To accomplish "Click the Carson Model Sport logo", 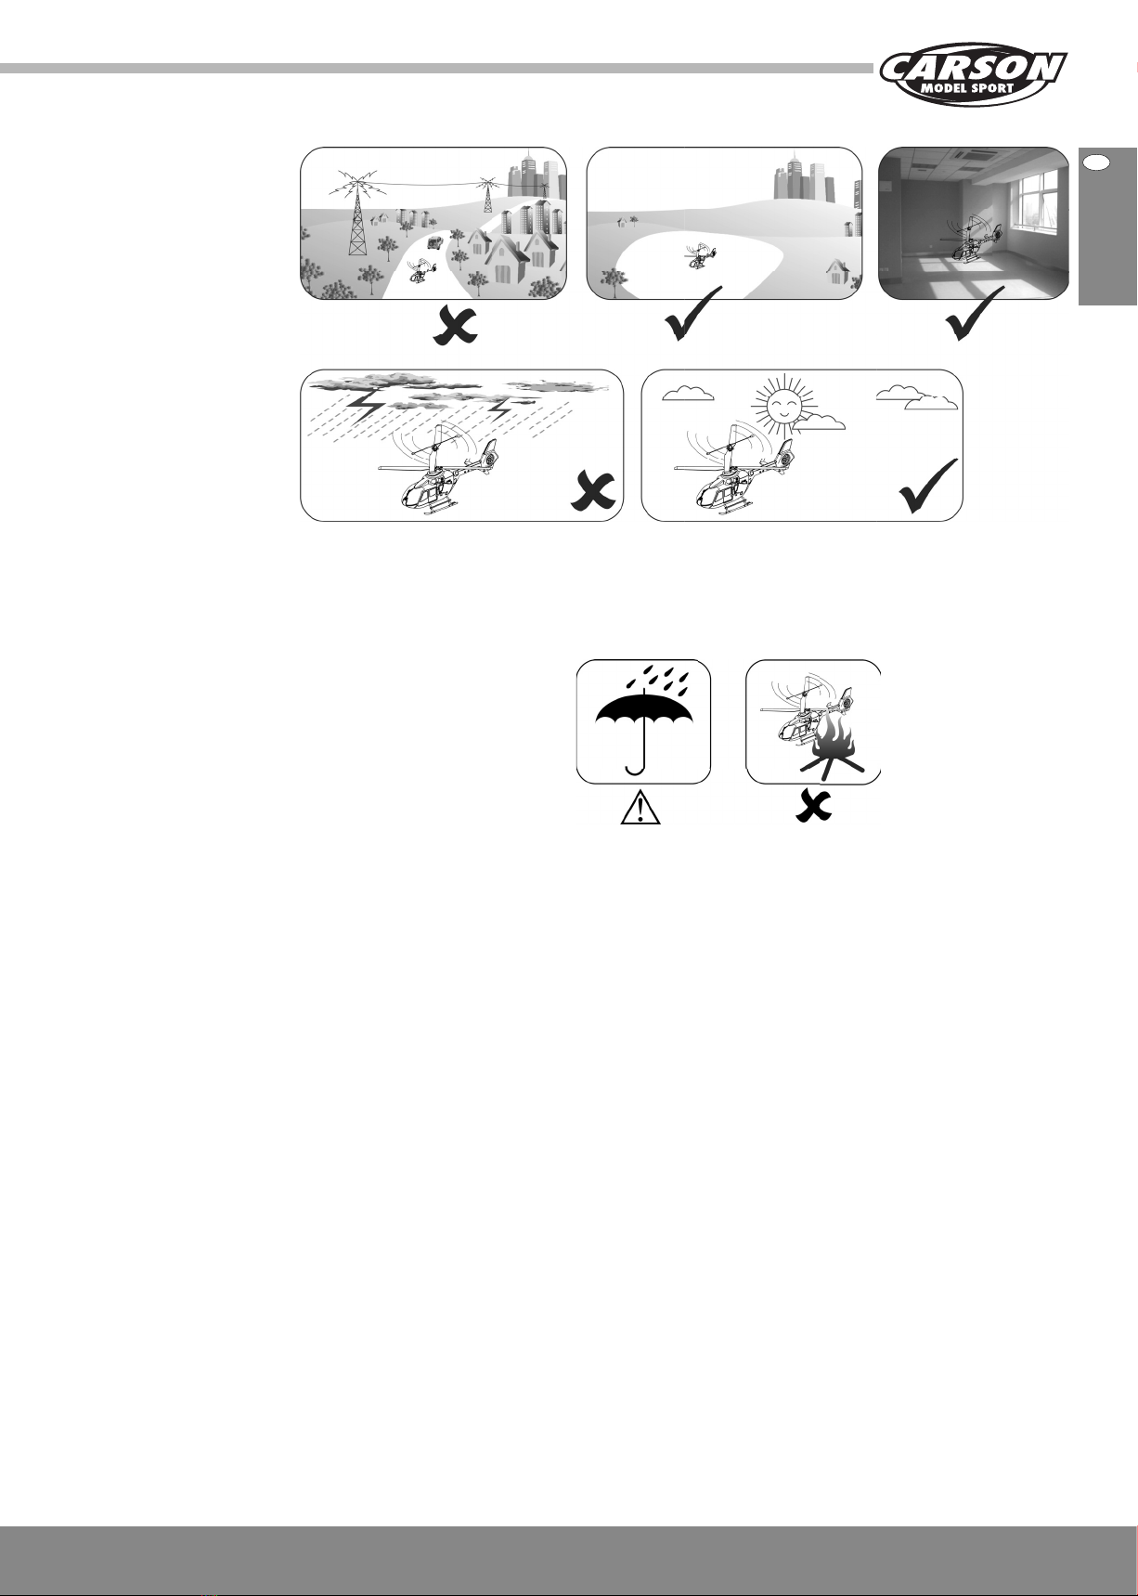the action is click(x=974, y=74).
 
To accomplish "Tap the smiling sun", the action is click(x=782, y=406).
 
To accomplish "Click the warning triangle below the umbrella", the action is click(x=640, y=810).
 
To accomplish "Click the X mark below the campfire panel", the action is click(x=813, y=808).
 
